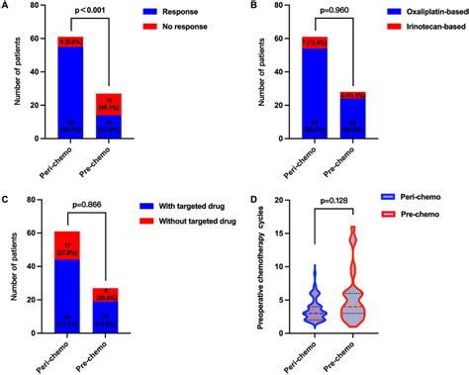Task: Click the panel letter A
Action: (x=7, y=7)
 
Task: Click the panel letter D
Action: (x=254, y=203)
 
